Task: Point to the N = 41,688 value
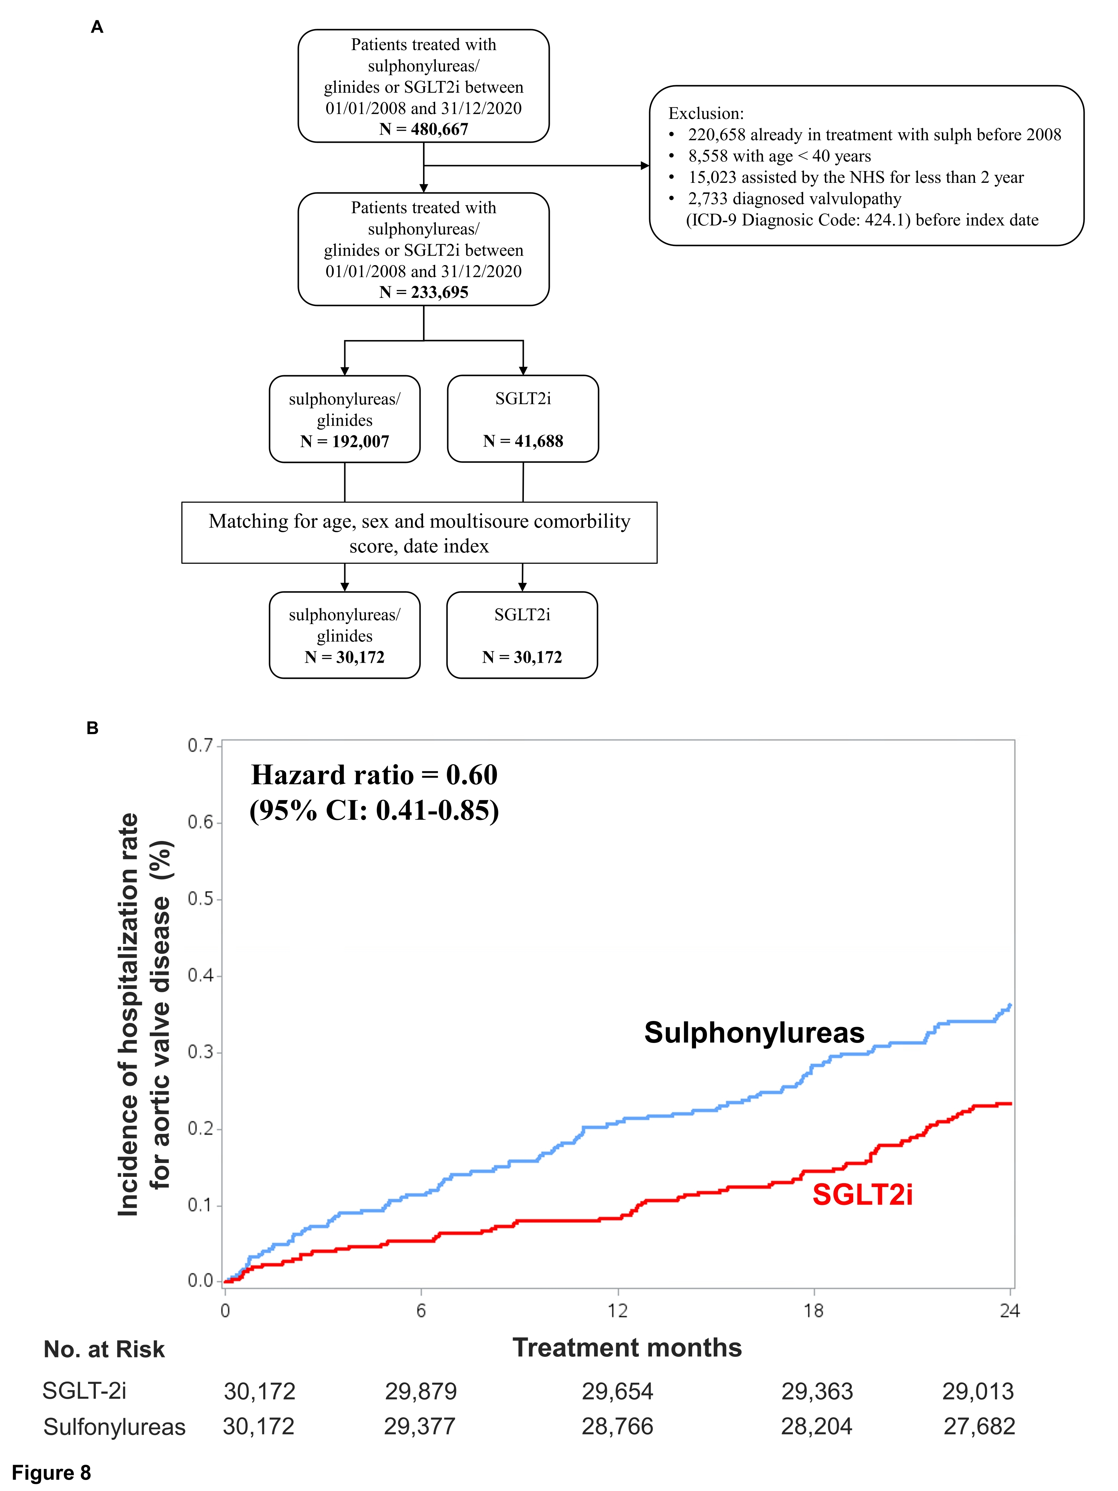pos(523,442)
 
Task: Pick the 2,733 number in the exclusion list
pos(707,199)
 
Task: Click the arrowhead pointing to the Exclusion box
pos(645,165)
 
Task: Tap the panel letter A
pos(97,27)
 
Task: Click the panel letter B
pos(92,728)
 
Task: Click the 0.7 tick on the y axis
pos(199,745)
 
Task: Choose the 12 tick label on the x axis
pos(617,1311)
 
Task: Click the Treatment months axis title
pos(627,1348)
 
